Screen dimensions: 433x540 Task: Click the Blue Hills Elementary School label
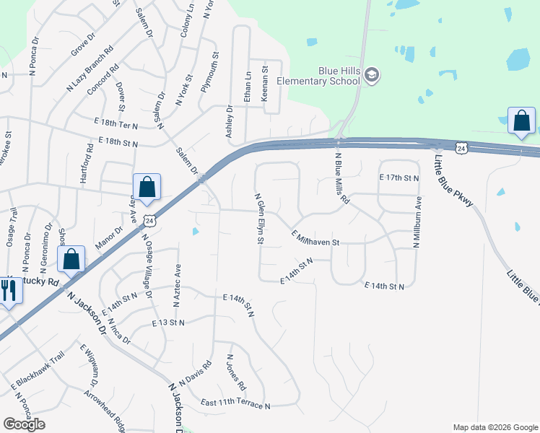click(x=339, y=76)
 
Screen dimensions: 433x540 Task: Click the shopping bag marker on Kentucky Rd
click(x=72, y=260)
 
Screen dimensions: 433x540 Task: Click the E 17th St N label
click(x=399, y=177)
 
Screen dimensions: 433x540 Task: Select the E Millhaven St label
click(x=316, y=239)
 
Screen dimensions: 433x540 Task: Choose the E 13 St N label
click(x=168, y=323)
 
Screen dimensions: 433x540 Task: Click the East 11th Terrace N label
click(x=235, y=404)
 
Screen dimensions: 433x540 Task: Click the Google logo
click(x=25, y=424)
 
